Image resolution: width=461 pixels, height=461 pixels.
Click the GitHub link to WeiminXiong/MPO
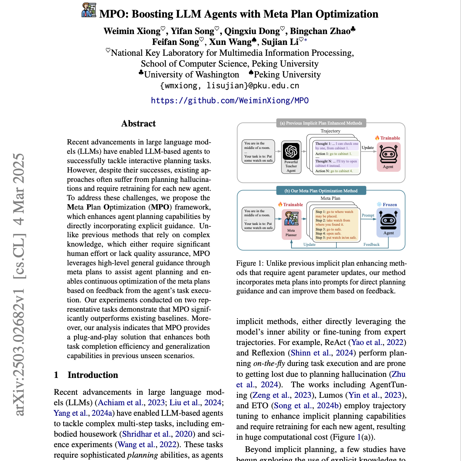pyautogui.click(x=230, y=101)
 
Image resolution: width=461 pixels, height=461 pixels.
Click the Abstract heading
pyautogui.click(x=138, y=124)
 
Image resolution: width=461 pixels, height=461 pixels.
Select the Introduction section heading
pyautogui.click(x=92, y=375)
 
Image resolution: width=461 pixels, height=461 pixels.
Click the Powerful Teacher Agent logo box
pyautogui.click(x=291, y=152)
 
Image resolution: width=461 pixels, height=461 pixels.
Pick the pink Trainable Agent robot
pyautogui.click(x=388, y=155)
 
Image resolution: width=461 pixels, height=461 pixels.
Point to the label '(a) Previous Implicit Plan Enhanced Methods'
pyautogui.click(x=321, y=123)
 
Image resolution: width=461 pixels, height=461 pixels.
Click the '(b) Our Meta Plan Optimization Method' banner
pyautogui.click(x=321, y=191)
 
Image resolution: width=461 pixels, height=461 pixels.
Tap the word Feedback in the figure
pyautogui.click(x=372, y=245)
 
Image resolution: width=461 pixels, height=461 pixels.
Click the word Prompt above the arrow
pyautogui.click(x=368, y=215)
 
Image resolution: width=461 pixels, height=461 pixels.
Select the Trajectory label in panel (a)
pyautogui.click(x=330, y=131)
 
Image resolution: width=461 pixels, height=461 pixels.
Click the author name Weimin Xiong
pyautogui.click(x=132, y=31)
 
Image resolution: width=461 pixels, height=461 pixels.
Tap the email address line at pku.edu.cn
pyautogui.click(x=230, y=86)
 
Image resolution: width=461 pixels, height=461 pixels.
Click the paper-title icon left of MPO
pyautogui.click(x=89, y=10)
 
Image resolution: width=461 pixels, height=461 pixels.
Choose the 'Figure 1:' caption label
pyautogui.click(x=250, y=263)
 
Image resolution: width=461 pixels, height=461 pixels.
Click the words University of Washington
pyautogui.click(x=192, y=75)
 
